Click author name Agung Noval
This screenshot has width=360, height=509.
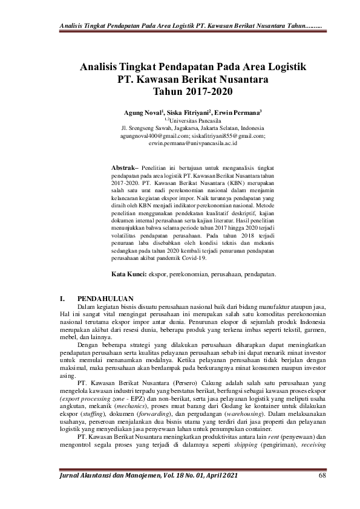tap(143, 112)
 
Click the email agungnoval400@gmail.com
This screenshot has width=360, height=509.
tap(154, 137)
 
